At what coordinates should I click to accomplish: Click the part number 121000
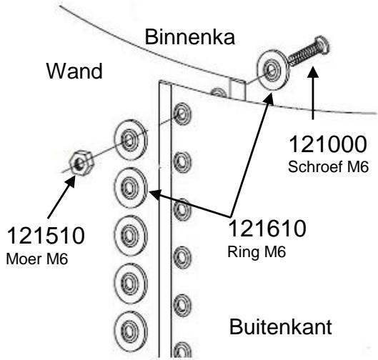pyautogui.click(x=329, y=146)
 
